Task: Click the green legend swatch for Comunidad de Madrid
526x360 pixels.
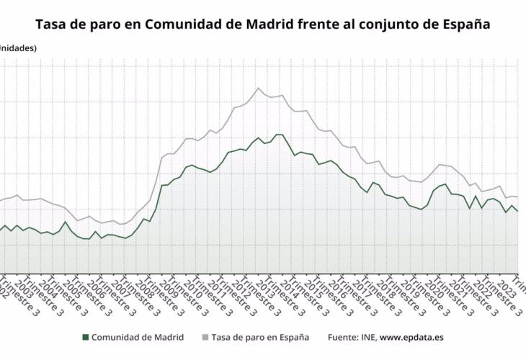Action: pos(86,337)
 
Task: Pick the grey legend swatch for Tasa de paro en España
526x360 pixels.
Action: pos(205,337)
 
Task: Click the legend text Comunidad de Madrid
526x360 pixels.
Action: pos(138,337)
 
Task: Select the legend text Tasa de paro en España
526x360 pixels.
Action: pos(261,337)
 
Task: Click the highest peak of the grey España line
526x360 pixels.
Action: pos(258,88)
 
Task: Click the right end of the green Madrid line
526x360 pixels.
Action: pos(517,211)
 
